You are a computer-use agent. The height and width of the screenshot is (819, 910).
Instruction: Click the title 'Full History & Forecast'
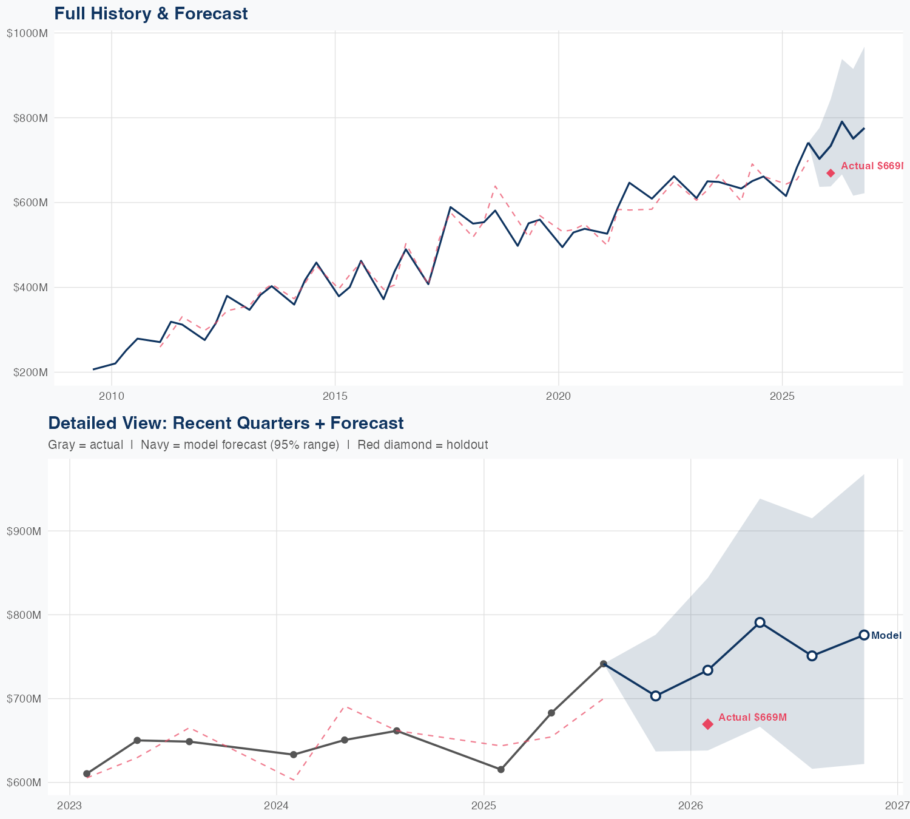point(150,13)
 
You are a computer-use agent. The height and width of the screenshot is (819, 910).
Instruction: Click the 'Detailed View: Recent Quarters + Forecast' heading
point(226,423)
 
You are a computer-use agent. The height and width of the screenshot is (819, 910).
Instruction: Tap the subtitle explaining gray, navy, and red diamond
point(268,445)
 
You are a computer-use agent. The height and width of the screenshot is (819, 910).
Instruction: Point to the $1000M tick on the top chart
point(27,33)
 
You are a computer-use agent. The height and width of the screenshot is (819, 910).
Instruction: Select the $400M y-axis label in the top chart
point(30,287)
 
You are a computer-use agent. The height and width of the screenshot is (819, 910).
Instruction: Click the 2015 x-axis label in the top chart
point(335,396)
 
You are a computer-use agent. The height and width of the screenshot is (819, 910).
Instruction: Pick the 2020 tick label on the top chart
point(558,396)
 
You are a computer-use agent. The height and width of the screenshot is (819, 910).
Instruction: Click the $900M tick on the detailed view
point(24,531)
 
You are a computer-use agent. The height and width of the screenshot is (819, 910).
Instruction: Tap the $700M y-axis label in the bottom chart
point(24,699)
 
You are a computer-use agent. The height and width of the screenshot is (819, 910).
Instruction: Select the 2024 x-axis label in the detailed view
point(277,806)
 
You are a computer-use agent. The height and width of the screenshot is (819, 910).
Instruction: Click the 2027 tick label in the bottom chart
point(897,806)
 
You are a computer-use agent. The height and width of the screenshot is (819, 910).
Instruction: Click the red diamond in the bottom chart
point(707,724)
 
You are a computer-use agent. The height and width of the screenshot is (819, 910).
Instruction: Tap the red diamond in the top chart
point(831,174)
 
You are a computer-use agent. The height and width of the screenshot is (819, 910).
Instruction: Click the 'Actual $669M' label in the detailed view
point(752,717)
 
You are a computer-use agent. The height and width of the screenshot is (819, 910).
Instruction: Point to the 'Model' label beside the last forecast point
point(886,635)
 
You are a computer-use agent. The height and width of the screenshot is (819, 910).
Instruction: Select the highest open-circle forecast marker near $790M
point(760,622)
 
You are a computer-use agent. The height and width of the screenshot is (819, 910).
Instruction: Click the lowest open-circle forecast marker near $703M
point(655,696)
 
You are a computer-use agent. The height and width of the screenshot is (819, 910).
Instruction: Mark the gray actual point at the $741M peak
point(603,664)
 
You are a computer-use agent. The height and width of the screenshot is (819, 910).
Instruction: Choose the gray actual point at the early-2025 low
point(500,769)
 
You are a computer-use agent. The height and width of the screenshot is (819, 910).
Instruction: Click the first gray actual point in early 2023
point(87,773)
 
